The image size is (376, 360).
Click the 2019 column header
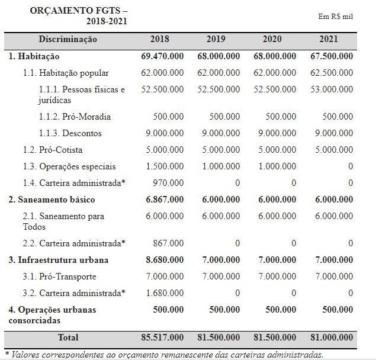(x=216, y=39)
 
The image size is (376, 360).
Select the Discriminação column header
(x=68, y=39)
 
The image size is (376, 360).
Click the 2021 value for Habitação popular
(x=332, y=73)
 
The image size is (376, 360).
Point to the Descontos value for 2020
(x=276, y=133)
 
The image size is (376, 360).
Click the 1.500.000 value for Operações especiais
(x=165, y=166)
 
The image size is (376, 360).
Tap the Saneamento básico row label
(x=52, y=200)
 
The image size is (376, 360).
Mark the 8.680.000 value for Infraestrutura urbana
(x=165, y=260)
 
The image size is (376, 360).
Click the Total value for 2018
(x=162, y=337)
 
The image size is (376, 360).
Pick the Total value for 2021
(x=332, y=337)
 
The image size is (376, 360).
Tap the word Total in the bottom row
(x=68, y=337)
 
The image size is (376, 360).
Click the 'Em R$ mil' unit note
(x=335, y=16)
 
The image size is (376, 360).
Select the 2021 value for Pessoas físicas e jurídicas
(x=332, y=89)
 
